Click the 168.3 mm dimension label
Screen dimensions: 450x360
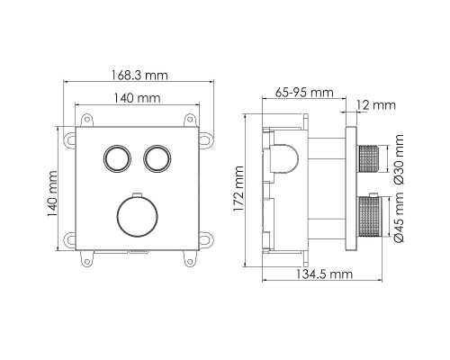click(x=139, y=75)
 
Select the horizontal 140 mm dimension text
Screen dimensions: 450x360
click(x=138, y=98)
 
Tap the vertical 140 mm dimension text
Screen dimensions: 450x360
click(x=52, y=194)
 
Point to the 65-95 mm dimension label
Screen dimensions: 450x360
click(x=304, y=92)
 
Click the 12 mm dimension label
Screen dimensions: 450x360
click(x=376, y=105)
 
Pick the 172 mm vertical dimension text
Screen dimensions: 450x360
click(x=238, y=189)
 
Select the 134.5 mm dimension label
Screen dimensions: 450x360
click(x=324, y=274)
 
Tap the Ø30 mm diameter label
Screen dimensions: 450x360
click(x=399, y=159)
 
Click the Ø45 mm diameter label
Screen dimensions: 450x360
click(x=399, y=217)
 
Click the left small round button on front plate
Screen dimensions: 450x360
click(x=117, y=158)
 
